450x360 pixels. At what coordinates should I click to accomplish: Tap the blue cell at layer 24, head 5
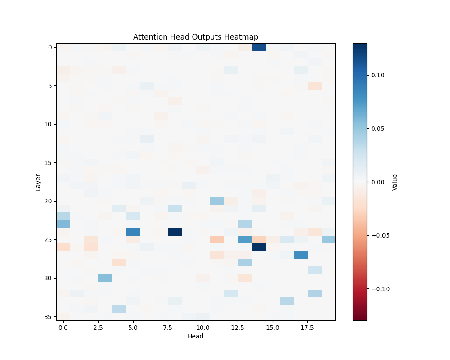[133, 232]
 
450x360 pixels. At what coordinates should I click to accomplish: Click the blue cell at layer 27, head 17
[301, 255]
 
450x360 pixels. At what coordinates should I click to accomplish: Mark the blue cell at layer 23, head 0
[63, 224]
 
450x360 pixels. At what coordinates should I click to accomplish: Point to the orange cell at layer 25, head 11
[217, 239]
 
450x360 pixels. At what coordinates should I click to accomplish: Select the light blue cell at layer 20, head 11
[217, 201]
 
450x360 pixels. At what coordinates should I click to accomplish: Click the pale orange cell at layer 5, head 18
[315, 85]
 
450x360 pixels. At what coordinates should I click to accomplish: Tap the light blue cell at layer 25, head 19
[328, 239]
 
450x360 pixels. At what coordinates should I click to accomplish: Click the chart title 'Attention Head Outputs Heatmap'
[196, 37]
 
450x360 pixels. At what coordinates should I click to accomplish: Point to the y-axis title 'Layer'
[38, 182]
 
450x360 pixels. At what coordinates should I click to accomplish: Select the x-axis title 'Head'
[196, 336]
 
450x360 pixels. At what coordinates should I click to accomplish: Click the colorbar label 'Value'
[395, 182]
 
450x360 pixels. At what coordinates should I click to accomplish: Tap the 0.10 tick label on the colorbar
[378, 75]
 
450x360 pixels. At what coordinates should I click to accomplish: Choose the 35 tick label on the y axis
[48, 316]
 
